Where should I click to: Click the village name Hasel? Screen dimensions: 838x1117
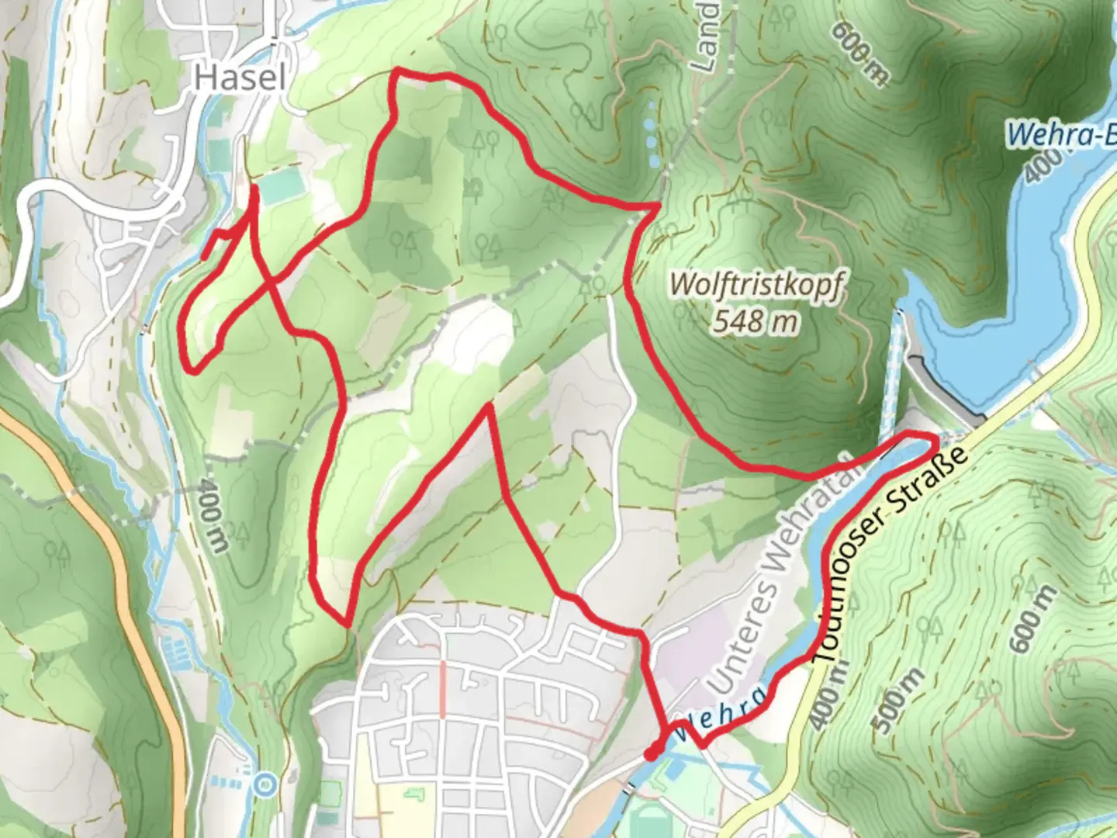tap(240, 76)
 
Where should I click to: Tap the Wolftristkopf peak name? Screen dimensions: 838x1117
tap(756, 284)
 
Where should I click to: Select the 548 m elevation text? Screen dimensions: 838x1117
tap(756, 320)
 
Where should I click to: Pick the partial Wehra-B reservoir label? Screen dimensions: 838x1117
tap(1061, 135)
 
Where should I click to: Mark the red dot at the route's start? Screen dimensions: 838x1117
tap(652, 753)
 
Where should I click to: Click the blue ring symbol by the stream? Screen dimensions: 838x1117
tap(265, 784)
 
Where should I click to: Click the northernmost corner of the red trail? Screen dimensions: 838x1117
tap(396, 71)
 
